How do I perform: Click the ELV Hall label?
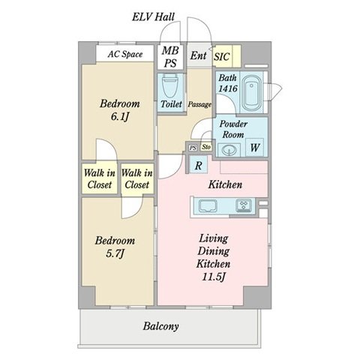[x=153, y=17]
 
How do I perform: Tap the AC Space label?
[x=125, y=54]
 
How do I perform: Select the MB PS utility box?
[x=170, y=56]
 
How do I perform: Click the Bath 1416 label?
[x=227, y=83]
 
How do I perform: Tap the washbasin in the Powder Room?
[x=229, y=150]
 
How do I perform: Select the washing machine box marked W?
[x=254, y=148]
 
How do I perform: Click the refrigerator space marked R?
[x=199, y=165]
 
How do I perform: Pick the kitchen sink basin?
[x=208, y=206]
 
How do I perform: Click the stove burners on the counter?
[x=244, y=205]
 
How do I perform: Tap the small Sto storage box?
[x=206, y=147]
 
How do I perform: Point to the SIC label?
[x=221, y=57]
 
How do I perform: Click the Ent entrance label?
[x=199, y=55]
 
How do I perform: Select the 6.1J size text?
[x=120, y=116]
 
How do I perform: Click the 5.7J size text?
[x=115, y=253]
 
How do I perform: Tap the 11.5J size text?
[x=214, y=277]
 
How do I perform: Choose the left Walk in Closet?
[x=100, y=178]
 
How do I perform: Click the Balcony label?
[x=160, y=326]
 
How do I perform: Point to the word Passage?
[x=199, y=104]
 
